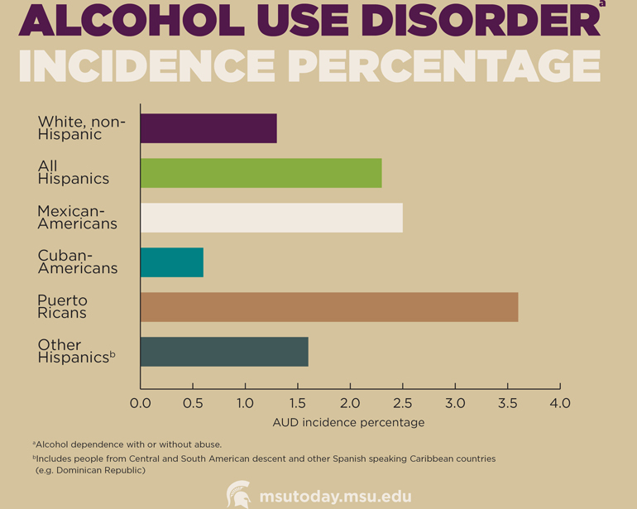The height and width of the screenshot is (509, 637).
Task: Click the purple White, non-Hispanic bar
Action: (x=208, y=128)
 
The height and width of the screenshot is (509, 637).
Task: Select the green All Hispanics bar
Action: (x=261, y=173)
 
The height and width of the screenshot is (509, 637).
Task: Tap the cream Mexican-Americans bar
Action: (x=271, y=218)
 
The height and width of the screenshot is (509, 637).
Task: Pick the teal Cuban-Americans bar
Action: (x=171, y=262)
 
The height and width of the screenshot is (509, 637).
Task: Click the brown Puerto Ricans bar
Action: (x=329, y=307)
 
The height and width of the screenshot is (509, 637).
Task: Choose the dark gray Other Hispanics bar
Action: (x=224, y=352)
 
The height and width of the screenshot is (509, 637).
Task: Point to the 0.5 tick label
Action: (x=193, y=403)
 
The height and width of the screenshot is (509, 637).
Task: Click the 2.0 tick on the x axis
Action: (x=350, y=403)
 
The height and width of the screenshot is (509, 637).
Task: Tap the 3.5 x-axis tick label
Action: (x=507, y=403)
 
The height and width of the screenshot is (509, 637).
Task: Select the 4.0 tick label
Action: (x=560, y=403)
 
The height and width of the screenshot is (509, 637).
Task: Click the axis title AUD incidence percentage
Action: (x=348, y=422)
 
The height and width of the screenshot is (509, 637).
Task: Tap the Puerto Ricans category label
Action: (x=62, y=306)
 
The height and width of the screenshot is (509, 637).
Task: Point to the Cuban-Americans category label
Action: (x=78, y=262)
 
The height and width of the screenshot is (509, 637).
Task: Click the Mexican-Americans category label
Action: (x=78, y=217)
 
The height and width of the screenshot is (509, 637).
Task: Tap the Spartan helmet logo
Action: (x=239, y=495)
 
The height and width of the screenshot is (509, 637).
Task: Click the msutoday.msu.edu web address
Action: (x=335, y=497)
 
